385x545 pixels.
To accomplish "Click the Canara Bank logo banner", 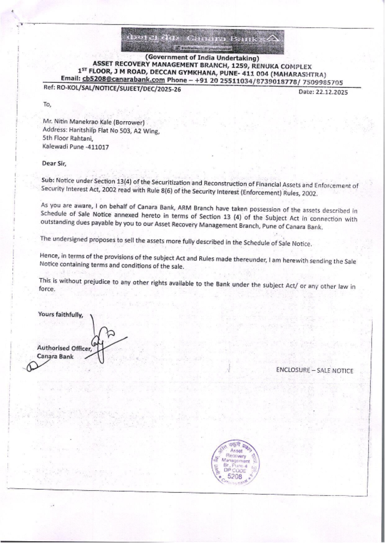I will pos(203,40).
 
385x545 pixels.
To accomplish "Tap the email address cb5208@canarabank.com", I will pos(123,80).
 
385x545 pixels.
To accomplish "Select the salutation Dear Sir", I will pos(54,163).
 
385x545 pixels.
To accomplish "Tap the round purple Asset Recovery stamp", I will pos(235,462).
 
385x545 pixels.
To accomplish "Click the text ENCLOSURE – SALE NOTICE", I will pos(314,370).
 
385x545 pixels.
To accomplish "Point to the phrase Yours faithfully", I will pos(60,314).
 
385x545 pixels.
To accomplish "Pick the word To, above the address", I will pos(47,104).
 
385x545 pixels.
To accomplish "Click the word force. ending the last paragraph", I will pos(47,289).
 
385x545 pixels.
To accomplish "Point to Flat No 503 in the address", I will pos(114,130).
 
